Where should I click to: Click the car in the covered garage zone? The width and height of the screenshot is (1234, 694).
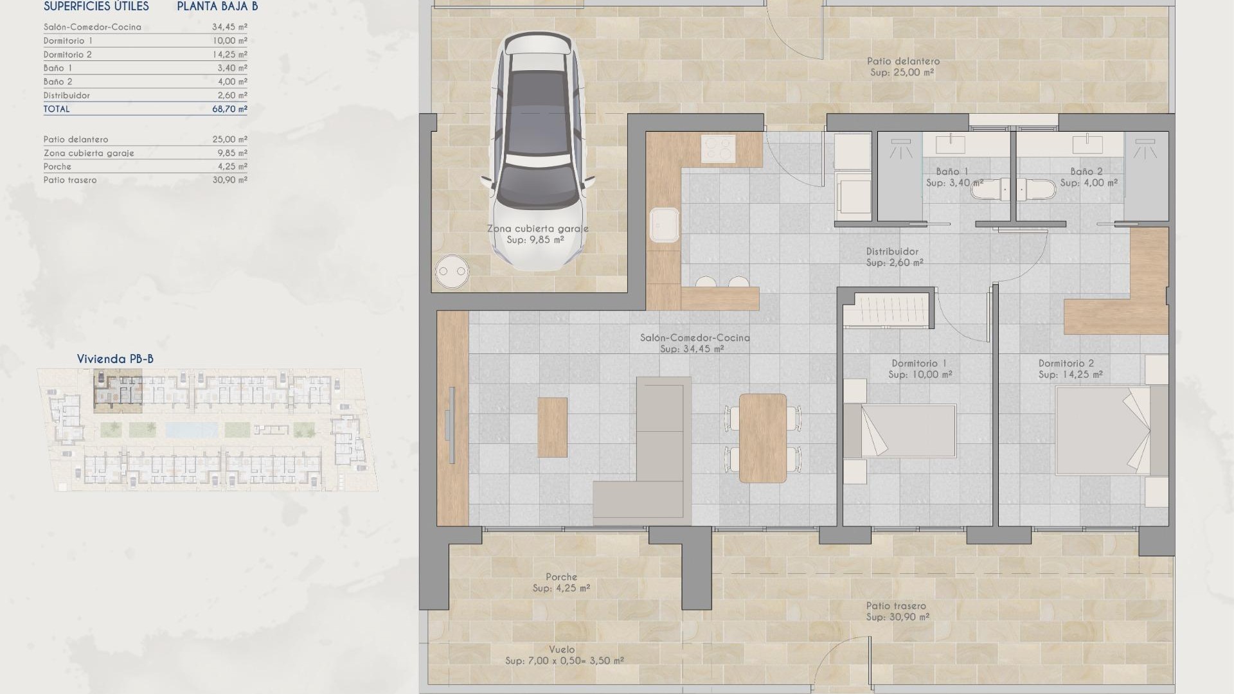click(539, 151)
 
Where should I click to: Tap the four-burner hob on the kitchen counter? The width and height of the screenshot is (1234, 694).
click(718, 148)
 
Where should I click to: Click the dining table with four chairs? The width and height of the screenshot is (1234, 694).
click(763, 438)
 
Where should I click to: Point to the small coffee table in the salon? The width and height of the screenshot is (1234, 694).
click(552, 427)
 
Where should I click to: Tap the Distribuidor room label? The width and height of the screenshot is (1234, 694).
click(892, 251)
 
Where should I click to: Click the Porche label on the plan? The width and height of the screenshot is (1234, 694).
click(561, 577)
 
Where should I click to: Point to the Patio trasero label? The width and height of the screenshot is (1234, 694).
click(896, 605)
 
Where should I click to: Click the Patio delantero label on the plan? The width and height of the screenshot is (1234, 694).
click(903, 61)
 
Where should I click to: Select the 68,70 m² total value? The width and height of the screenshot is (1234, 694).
click(229, 109)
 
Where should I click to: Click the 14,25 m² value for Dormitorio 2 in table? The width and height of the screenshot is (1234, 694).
click(229, 55)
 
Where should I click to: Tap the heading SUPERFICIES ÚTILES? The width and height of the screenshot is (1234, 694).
click(96, 6)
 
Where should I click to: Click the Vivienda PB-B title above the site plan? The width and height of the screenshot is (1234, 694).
click(115, 359)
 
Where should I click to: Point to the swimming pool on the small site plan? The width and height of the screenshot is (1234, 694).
click(191, 429)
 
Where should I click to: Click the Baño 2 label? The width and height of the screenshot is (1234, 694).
click(1086, 172)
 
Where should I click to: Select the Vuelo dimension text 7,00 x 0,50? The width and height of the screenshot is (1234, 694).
click(564, 661)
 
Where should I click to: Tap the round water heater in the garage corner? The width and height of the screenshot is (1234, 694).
click(451, 272)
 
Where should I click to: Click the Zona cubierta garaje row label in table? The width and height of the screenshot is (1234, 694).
click(89, 153)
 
